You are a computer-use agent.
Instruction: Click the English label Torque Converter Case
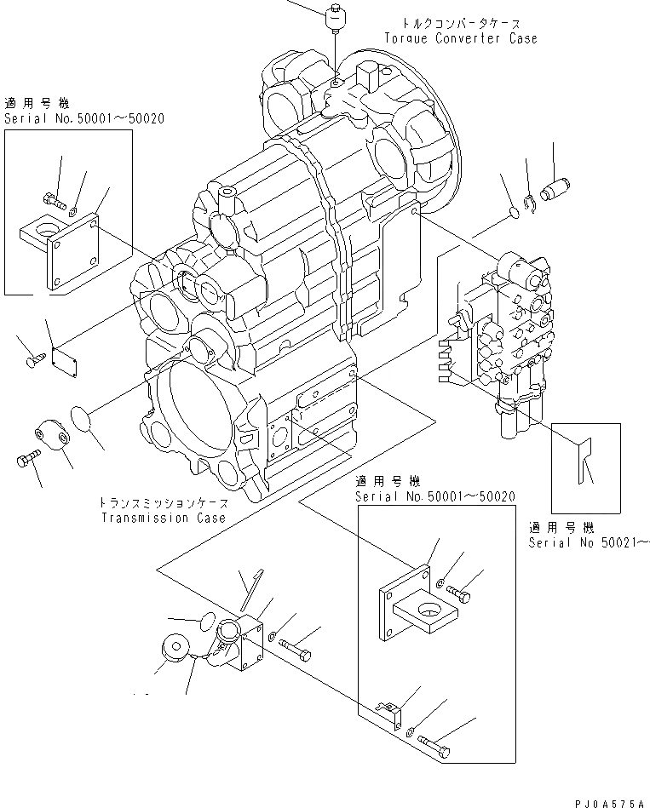click(460, 38)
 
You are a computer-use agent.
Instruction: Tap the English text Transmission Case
click(164, 518)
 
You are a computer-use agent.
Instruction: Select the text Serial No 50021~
click(588, 542)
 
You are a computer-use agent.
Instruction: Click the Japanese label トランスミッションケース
click(164, 504)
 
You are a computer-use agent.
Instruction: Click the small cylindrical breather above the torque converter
click(336, 17)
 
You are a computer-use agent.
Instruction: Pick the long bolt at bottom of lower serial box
click(436, 746)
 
